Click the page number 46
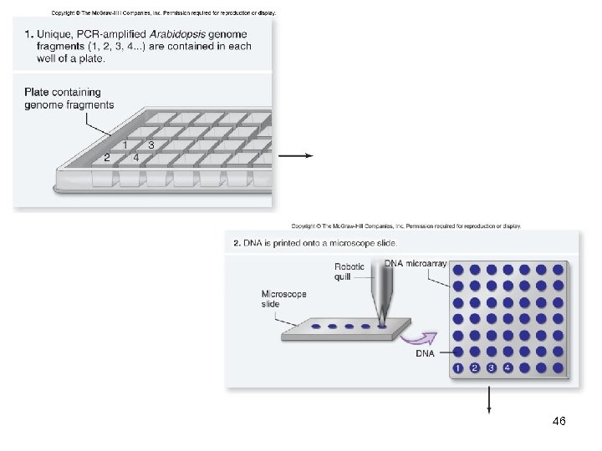tap(559, 422)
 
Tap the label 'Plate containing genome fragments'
tap(69, 99)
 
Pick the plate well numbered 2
tap(107, 158)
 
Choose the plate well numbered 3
tap(150, 144)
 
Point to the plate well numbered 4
tap(136, 158)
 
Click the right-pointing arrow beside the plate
tap(296, 155)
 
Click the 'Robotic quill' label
tap(349, 272)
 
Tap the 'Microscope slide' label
tap(284, 299)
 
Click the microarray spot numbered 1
tap(457, 367)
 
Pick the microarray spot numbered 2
tap(474, 367)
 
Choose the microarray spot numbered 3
tap(491, 367)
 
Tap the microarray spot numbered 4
tap(508, 367)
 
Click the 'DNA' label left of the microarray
tap(425, 353)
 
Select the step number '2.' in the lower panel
tap(237, 243)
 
